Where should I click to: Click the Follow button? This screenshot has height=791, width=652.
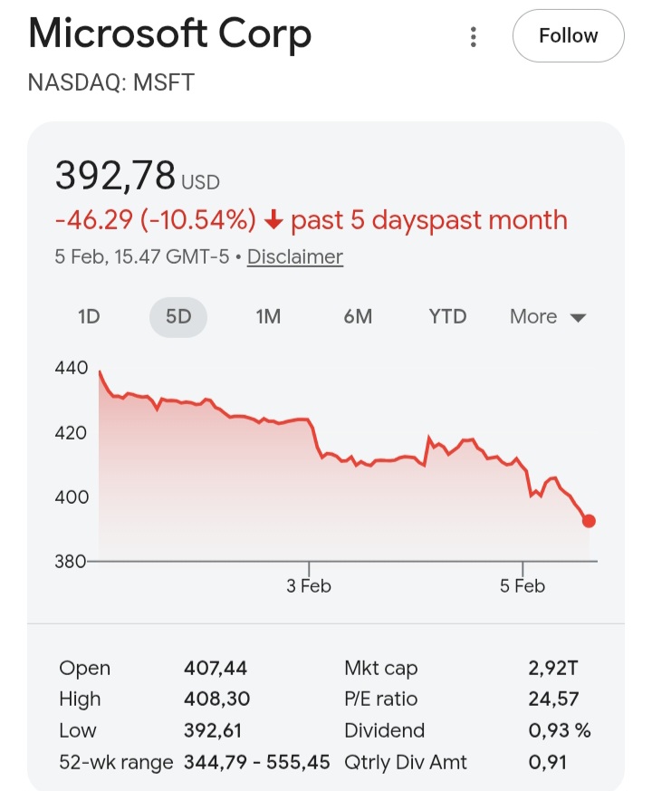pos(568,36)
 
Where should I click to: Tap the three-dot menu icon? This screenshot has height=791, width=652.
pos(473,37)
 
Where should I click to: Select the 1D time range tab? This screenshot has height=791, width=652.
pos(89,316)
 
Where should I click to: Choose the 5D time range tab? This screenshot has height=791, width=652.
pos(178,316)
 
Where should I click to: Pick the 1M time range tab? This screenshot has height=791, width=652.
pos(268,316)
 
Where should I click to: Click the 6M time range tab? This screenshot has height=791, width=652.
pos(358,316)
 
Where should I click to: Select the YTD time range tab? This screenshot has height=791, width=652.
pos(447,316)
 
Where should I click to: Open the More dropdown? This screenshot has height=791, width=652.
pos(548,316)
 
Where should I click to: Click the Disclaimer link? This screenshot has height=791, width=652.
pos(295,256)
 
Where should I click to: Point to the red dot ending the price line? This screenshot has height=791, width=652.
pos(589,521)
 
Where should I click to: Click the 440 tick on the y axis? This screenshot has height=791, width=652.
pos(72,368)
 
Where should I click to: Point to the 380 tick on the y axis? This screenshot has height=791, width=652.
pos(72,561)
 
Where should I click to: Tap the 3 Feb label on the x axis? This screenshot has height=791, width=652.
pos(309,586)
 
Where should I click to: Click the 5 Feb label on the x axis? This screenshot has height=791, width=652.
pos(523,586)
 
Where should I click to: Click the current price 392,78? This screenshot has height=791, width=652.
pos(115,175)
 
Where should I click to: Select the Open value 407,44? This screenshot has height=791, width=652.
pos(216,669)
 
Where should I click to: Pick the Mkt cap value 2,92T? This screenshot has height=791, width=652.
pos(553,669)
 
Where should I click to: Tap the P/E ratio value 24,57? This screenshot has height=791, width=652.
pos(553,699)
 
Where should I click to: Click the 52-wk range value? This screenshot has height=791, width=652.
pos(257,762)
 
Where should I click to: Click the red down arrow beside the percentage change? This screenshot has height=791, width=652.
pos(274,220)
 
